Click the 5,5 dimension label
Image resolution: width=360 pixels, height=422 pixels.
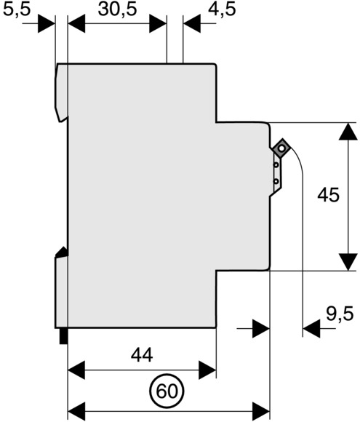[x=17, y=10]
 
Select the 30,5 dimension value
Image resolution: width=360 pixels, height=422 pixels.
[x=118, y=10]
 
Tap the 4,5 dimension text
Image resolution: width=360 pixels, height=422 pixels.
[x=222, y=10]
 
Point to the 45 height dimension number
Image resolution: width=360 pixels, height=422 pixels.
[x=328, y=195]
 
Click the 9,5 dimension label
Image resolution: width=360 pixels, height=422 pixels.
[x=340, y=314]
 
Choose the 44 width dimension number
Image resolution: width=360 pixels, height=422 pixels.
[x=142, y=355]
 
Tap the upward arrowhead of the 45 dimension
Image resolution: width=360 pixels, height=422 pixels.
[x=348, y=132]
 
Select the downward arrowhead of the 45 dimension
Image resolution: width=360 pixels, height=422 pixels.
[x=348, y=262]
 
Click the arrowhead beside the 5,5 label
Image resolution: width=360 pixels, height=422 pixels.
[x=47, y=24]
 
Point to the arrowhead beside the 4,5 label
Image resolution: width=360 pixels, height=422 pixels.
[x=191, y=24]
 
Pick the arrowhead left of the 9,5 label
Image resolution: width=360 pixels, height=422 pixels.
[x=311, y=328]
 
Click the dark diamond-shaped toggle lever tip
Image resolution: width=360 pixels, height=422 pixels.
[x=281, y=148]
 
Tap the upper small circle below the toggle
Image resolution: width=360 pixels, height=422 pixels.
[x=276, y=164]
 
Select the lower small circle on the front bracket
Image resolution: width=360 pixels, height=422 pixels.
[x=276, y=182]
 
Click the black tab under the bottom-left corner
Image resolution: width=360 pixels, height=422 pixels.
[x=63, y=336]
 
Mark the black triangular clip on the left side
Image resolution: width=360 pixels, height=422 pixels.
[x=62, y=252]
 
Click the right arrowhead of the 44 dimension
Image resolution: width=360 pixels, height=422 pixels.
[x=207, y=370]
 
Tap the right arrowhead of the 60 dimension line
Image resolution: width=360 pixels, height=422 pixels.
[x=261, y=411]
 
